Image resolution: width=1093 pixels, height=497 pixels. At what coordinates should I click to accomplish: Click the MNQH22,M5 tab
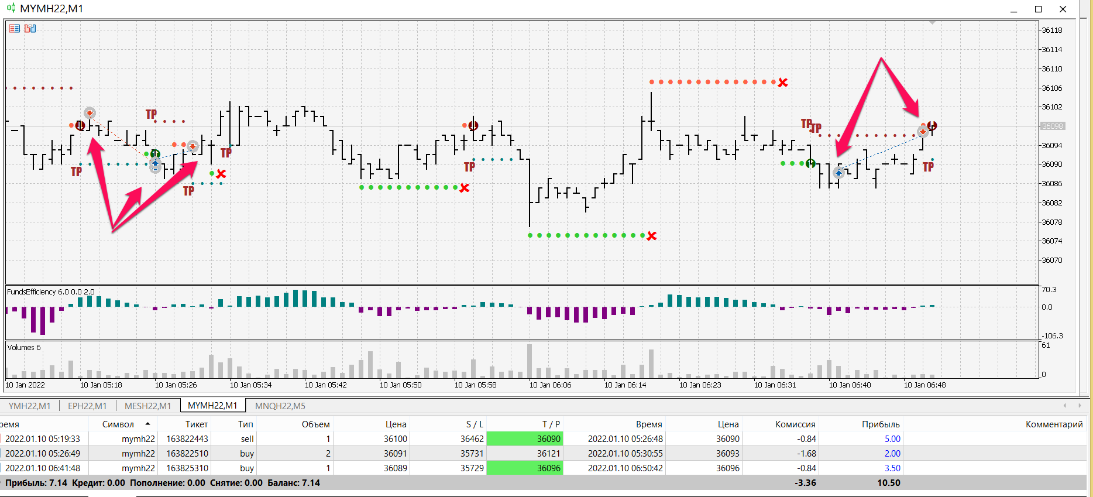(x=280, y=406)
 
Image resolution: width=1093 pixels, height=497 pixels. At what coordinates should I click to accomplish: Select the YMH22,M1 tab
(x=29, y=406)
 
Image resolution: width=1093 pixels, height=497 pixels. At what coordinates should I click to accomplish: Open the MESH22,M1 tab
(x=147, y=406)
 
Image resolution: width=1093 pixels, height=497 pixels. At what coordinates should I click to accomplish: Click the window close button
(x=1063, y=9)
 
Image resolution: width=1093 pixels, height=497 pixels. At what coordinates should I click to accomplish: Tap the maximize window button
(x=1039, y=9)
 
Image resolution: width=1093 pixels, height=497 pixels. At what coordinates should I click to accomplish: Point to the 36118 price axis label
(x=1051, y=30)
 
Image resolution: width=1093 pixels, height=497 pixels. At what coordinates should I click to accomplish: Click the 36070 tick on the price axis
(x=1051, y=261)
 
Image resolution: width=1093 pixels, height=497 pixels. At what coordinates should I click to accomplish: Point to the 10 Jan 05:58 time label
(x=475, y=385)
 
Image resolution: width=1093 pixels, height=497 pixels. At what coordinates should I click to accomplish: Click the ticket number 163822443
(x=187, y=439)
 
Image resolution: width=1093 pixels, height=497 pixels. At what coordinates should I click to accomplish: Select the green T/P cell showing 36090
(x=525, y=439)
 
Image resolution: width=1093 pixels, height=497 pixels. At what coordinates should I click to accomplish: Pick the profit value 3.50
(x=892, y=468)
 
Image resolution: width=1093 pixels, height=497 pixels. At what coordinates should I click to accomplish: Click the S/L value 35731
(x=472, y=454)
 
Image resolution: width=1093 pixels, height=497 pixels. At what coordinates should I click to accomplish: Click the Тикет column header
(x=196, y=424)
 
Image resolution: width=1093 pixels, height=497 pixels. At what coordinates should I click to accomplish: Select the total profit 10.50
(x=888, y=483)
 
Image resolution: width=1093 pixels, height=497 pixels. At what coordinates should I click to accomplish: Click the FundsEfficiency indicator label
(x=50, y=292)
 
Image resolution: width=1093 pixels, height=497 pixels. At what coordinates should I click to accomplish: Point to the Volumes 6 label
(x=24, y=348)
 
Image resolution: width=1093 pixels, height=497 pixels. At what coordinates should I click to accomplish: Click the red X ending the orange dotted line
(x=783, y=83)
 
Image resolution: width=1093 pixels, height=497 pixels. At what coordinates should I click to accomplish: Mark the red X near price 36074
(x=652, y=236)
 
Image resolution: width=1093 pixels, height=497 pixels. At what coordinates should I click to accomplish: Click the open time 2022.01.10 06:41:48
(x=43, y=468)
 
